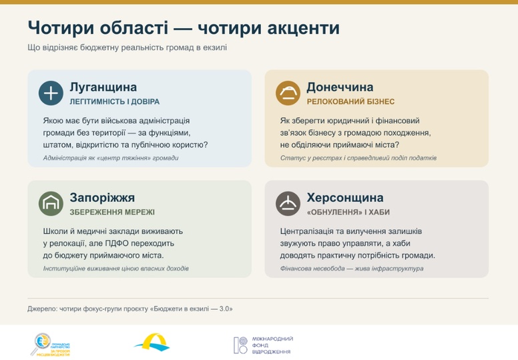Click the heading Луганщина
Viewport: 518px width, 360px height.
pos(103,87)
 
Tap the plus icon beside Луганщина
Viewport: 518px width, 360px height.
pos(51,94)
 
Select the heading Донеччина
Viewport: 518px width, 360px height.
pos(340,87)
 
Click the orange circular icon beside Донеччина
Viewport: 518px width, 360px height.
pos(288,94)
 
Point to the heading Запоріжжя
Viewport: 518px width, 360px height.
pos(102,198)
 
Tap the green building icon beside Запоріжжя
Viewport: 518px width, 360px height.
pos(51,204)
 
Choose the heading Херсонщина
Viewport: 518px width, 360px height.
pos(345,198)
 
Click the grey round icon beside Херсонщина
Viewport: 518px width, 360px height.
pos(288,204)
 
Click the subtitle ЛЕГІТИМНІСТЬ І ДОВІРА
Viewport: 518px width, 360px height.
pos(115,102)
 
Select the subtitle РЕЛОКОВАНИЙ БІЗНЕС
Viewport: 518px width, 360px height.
pos(351,102)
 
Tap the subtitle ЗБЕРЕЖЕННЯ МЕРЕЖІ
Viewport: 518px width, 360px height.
pos(112,212)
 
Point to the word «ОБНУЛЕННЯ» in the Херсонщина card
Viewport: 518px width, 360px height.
pos(334,212)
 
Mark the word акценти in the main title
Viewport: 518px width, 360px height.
pos(303,28)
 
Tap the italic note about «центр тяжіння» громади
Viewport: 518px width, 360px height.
pos(111,158)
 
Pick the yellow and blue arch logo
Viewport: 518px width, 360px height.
pos(152,343)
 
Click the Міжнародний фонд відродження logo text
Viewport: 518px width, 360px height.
pos(272,345)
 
